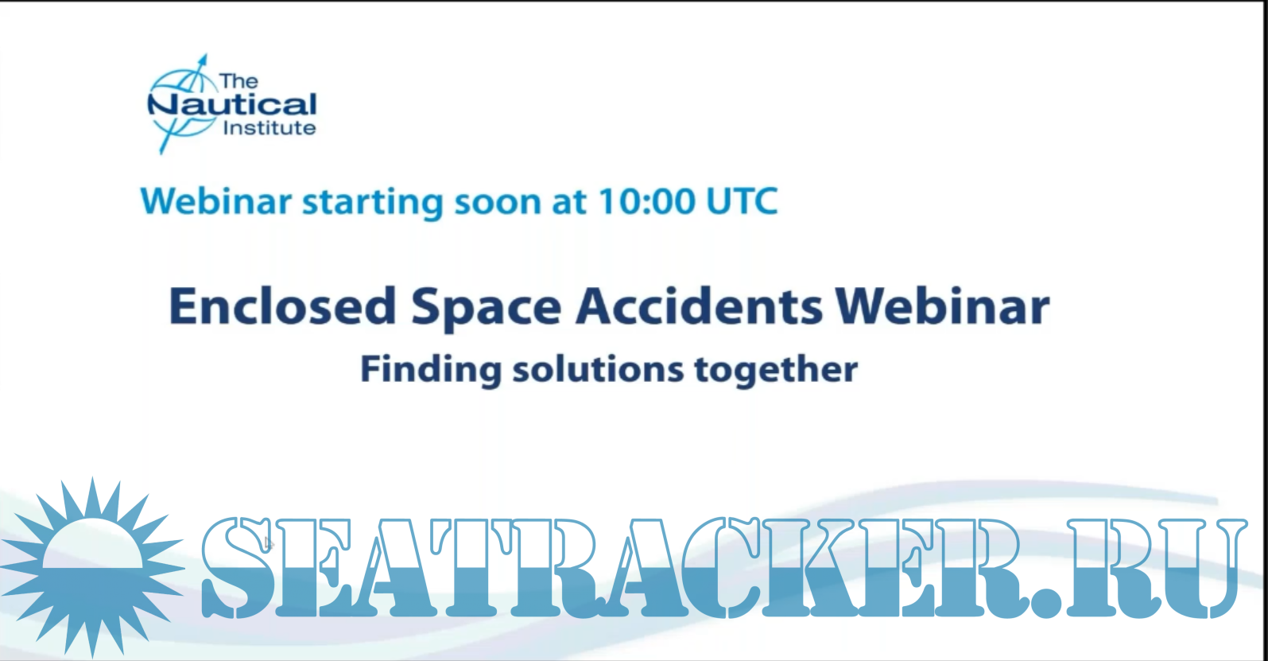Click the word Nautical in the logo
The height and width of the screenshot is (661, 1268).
[231, 105]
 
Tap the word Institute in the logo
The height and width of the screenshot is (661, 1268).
[269, 128]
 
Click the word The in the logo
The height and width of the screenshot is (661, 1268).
[238, 81]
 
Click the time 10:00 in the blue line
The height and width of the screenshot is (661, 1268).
[646, 202]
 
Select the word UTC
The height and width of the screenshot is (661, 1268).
[743, 202]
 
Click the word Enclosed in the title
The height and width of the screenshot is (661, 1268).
[282, 306]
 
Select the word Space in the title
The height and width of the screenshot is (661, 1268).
[487, 309]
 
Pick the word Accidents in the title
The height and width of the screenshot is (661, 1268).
[699, 306]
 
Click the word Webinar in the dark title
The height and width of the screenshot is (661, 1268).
[943, 306]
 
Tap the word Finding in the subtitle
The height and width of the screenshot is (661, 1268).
[431, 371]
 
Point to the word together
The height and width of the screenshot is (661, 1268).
[776, 371]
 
